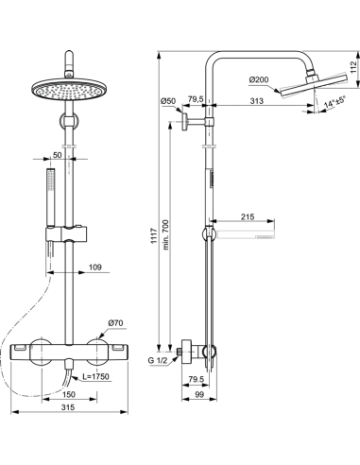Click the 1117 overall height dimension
coord(154,235)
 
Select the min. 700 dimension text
coord(165,234)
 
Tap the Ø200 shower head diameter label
coord(259,79)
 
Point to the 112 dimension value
coord(354,67)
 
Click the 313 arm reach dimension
coord(257,101)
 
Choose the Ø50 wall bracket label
coord(167,101)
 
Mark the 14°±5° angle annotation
coord(334,102)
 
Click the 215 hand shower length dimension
coord(248,216)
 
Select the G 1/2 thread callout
coord(158,361)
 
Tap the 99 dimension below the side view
coord(199,394)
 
